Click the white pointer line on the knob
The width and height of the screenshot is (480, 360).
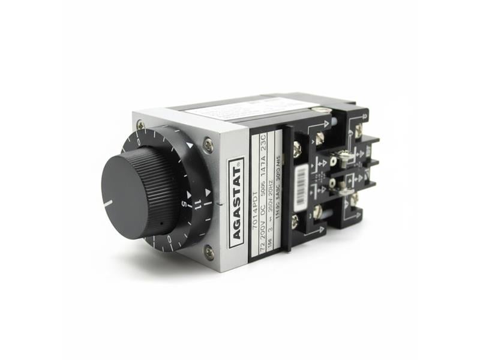(x=107, y=203)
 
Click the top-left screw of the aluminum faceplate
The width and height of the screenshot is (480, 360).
(x=140, y=125)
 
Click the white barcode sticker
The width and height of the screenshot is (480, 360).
(x=302, y=181)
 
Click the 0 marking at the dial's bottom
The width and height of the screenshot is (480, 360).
(x=170, y=239)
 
